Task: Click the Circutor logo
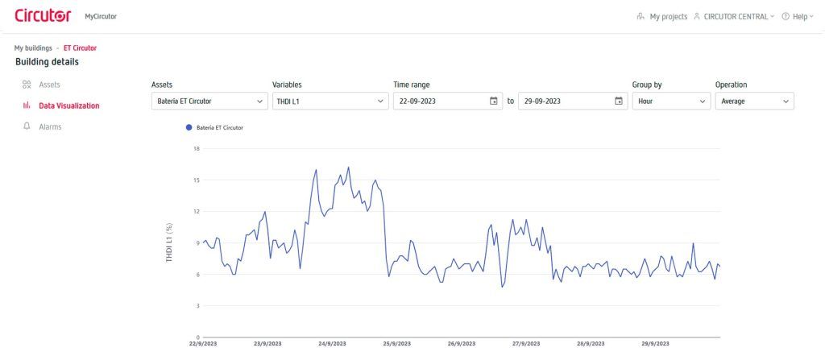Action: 43,15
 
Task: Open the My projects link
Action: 668,16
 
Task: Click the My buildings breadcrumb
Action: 33,48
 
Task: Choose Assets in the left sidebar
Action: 49,85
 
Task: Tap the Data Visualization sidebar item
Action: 68,106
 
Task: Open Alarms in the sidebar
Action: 50,126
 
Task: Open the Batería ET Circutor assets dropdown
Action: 209,101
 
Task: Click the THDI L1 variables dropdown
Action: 330,101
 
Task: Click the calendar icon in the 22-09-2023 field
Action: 493,101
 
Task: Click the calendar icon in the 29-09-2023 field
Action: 618,101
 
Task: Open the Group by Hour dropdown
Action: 670,101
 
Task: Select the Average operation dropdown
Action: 754,101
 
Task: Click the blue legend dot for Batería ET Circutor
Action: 189,127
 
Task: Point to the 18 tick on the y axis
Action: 196,148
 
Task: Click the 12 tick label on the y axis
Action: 196,211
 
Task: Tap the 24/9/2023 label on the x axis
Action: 332,344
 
